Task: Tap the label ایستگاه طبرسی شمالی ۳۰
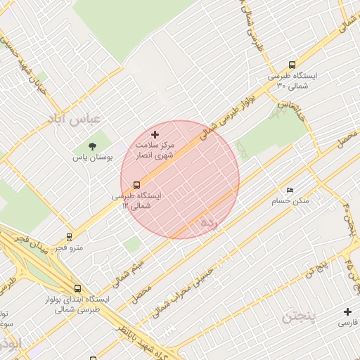[292, 81]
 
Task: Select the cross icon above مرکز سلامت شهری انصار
[155, 134]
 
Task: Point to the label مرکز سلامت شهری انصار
[155, 149]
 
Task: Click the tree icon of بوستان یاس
[92, 146]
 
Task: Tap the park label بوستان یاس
[93, 158]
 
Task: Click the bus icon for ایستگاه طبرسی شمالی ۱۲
[136, 186]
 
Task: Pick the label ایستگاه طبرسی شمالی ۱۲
[137, 201]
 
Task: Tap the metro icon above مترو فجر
[69, 237]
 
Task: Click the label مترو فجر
[69, 247]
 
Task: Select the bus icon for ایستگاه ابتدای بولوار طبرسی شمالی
[77, 288]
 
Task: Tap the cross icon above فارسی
[347, 311]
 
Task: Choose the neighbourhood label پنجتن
[300, 317]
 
